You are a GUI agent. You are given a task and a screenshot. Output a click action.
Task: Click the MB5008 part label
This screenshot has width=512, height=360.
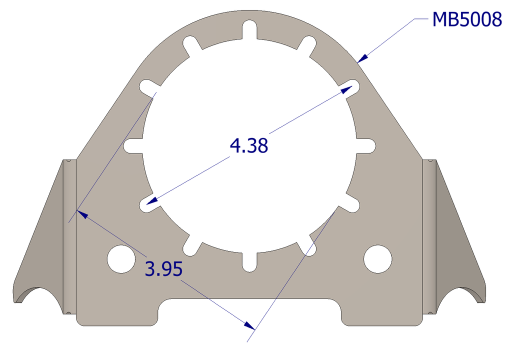pos(467,19)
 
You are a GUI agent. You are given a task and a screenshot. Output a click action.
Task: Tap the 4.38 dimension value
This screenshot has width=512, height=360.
pos(249,145)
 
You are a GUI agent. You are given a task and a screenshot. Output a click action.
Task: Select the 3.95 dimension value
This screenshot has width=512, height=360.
pos(163,269)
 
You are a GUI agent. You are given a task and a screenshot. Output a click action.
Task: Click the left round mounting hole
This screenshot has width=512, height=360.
pos(121,259)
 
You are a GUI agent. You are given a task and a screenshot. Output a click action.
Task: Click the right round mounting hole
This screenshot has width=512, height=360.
pos(378,259)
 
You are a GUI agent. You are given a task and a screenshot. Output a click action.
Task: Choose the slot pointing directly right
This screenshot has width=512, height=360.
pos(365,145)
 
